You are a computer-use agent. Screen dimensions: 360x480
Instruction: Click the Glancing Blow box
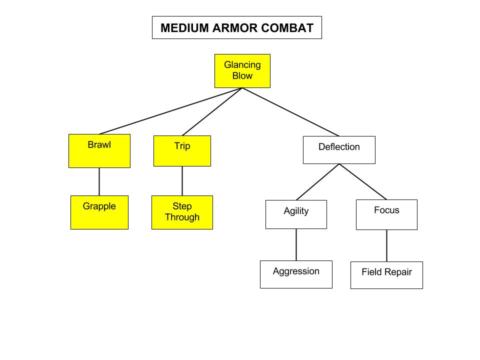point(242,71)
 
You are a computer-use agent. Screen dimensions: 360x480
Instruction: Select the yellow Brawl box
point(99,150)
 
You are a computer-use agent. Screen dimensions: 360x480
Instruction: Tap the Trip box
point(182,150)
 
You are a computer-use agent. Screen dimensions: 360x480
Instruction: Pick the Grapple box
point(99,212)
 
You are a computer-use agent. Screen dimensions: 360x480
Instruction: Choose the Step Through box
point(182,212)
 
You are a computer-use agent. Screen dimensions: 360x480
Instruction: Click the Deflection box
point(339,149)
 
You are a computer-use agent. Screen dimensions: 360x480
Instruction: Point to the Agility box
point(296,214)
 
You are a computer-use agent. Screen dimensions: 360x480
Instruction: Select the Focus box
point(386,214)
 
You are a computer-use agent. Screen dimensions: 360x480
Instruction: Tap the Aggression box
point(296,274)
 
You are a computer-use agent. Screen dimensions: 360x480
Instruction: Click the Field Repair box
point(386,275)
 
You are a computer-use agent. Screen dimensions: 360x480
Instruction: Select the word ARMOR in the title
point(233,28)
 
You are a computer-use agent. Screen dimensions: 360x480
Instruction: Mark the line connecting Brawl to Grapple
point(99,181)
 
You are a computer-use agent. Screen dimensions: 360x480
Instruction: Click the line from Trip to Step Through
point(182,181)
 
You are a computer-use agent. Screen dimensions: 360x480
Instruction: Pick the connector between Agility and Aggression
point(296,244)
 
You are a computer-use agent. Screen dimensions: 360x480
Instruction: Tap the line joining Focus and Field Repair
point(386,245)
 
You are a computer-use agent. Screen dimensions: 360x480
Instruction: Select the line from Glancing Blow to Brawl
point(171,111)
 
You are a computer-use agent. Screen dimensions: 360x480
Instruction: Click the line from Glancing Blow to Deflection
point(290,112)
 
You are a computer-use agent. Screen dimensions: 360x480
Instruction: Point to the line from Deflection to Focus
point(363,182)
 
